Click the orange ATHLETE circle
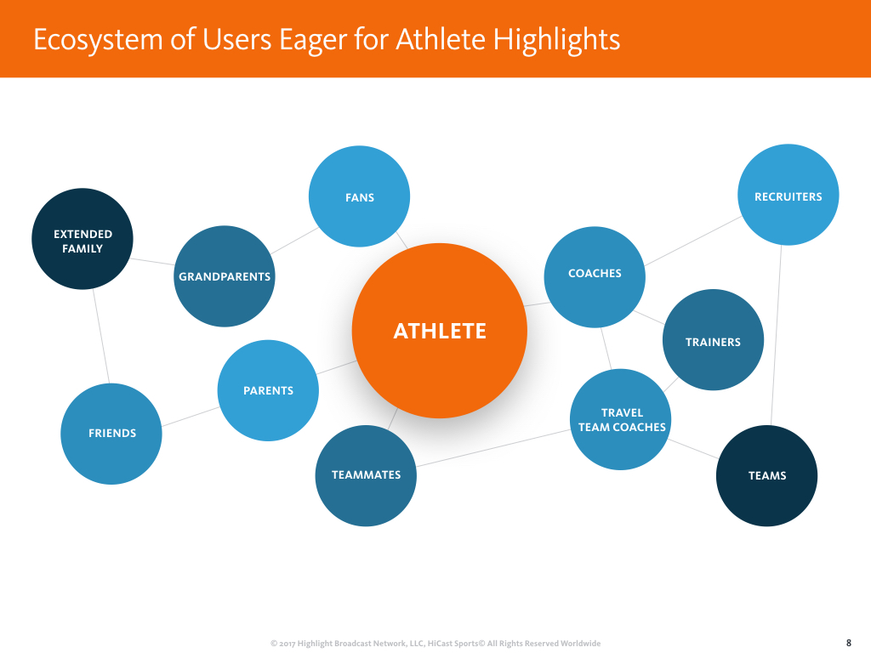click(x=439, y=331)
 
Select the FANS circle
click(x=359, y=196)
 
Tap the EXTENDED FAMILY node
click(x=83, y=240)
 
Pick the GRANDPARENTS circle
click(x=225, y=276)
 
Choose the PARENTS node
click(x=268, y=390)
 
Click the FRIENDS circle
click(x=111, y=434)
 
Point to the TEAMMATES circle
click(x=366, y=475)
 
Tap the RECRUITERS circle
click(x=788, y=195)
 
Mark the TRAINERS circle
click(x=713, y=340)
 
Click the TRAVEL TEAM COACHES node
click(x=621, y=419)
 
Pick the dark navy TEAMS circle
click(x=766, y=476)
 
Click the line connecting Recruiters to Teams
click(x=777, y=335)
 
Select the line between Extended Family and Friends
click(x=100, y=336)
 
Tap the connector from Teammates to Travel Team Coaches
click(x=493, y=448)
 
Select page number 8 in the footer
click(x=848, y=643)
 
